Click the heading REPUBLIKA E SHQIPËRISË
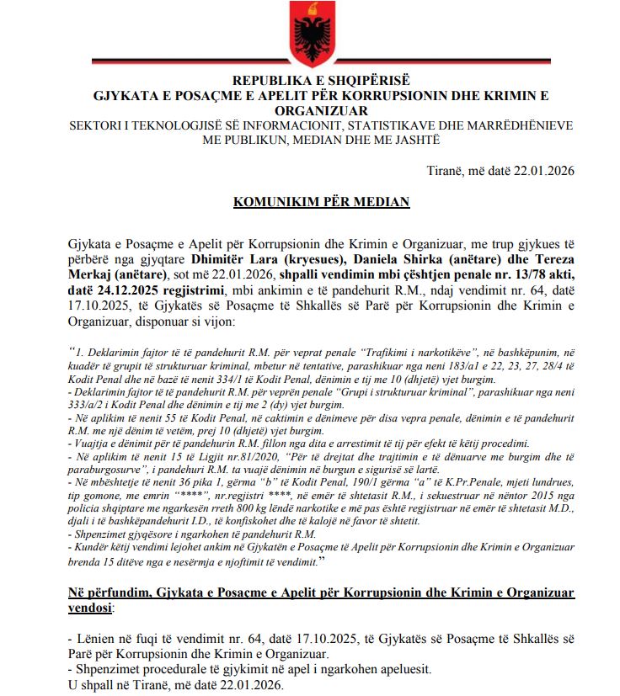tap(309, 82)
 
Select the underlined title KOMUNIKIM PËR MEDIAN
tap(309, 202)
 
